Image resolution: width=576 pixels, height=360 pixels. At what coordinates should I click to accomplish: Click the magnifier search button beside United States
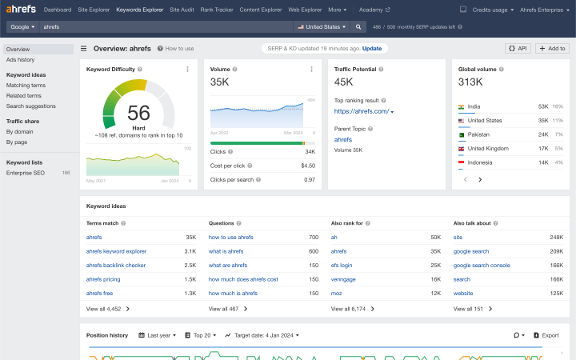pos(359,26)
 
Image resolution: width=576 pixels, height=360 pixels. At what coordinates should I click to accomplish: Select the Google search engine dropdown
pos(22,26)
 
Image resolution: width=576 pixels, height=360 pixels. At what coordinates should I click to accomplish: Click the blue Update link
pos(372,48)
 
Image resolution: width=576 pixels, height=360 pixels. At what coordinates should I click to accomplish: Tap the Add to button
pos(552,48)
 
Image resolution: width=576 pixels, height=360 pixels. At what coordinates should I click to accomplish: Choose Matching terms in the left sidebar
pos(26,85)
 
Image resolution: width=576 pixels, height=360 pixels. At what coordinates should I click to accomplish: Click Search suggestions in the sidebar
pos(31,106)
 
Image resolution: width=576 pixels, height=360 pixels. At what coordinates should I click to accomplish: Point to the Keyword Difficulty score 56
pos(138,113)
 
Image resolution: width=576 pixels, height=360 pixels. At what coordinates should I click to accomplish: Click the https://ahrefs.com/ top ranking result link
pos(362,111)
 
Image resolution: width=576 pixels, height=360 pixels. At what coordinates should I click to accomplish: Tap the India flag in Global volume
pos(462,106)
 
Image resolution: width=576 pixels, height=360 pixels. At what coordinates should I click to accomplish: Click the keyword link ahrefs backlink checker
pos(116,265)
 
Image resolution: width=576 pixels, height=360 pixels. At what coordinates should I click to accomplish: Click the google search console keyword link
pos(482,265)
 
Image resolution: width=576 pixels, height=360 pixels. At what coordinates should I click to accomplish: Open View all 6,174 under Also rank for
pos(349,308)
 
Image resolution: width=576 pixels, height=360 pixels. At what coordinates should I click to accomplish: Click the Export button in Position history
pos(546,335)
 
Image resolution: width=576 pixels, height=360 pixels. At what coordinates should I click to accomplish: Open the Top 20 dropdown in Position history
pos(201,335)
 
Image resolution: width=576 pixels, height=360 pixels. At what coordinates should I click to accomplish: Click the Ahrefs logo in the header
pos(21,10)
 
